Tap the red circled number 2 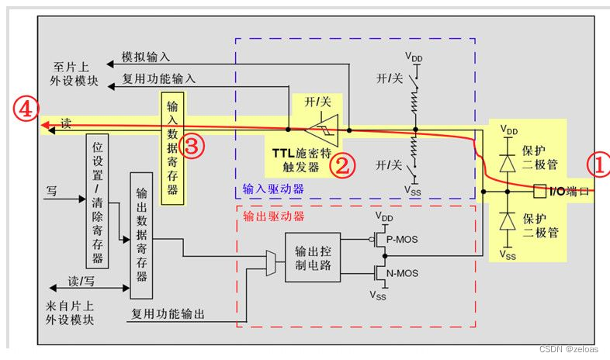point(341,164)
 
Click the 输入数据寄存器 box point(172,147)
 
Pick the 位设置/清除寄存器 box point(98,200)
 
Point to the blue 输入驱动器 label point(272,189)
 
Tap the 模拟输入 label point(146,57)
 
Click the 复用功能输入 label point(159,78)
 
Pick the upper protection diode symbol point(508,164)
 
